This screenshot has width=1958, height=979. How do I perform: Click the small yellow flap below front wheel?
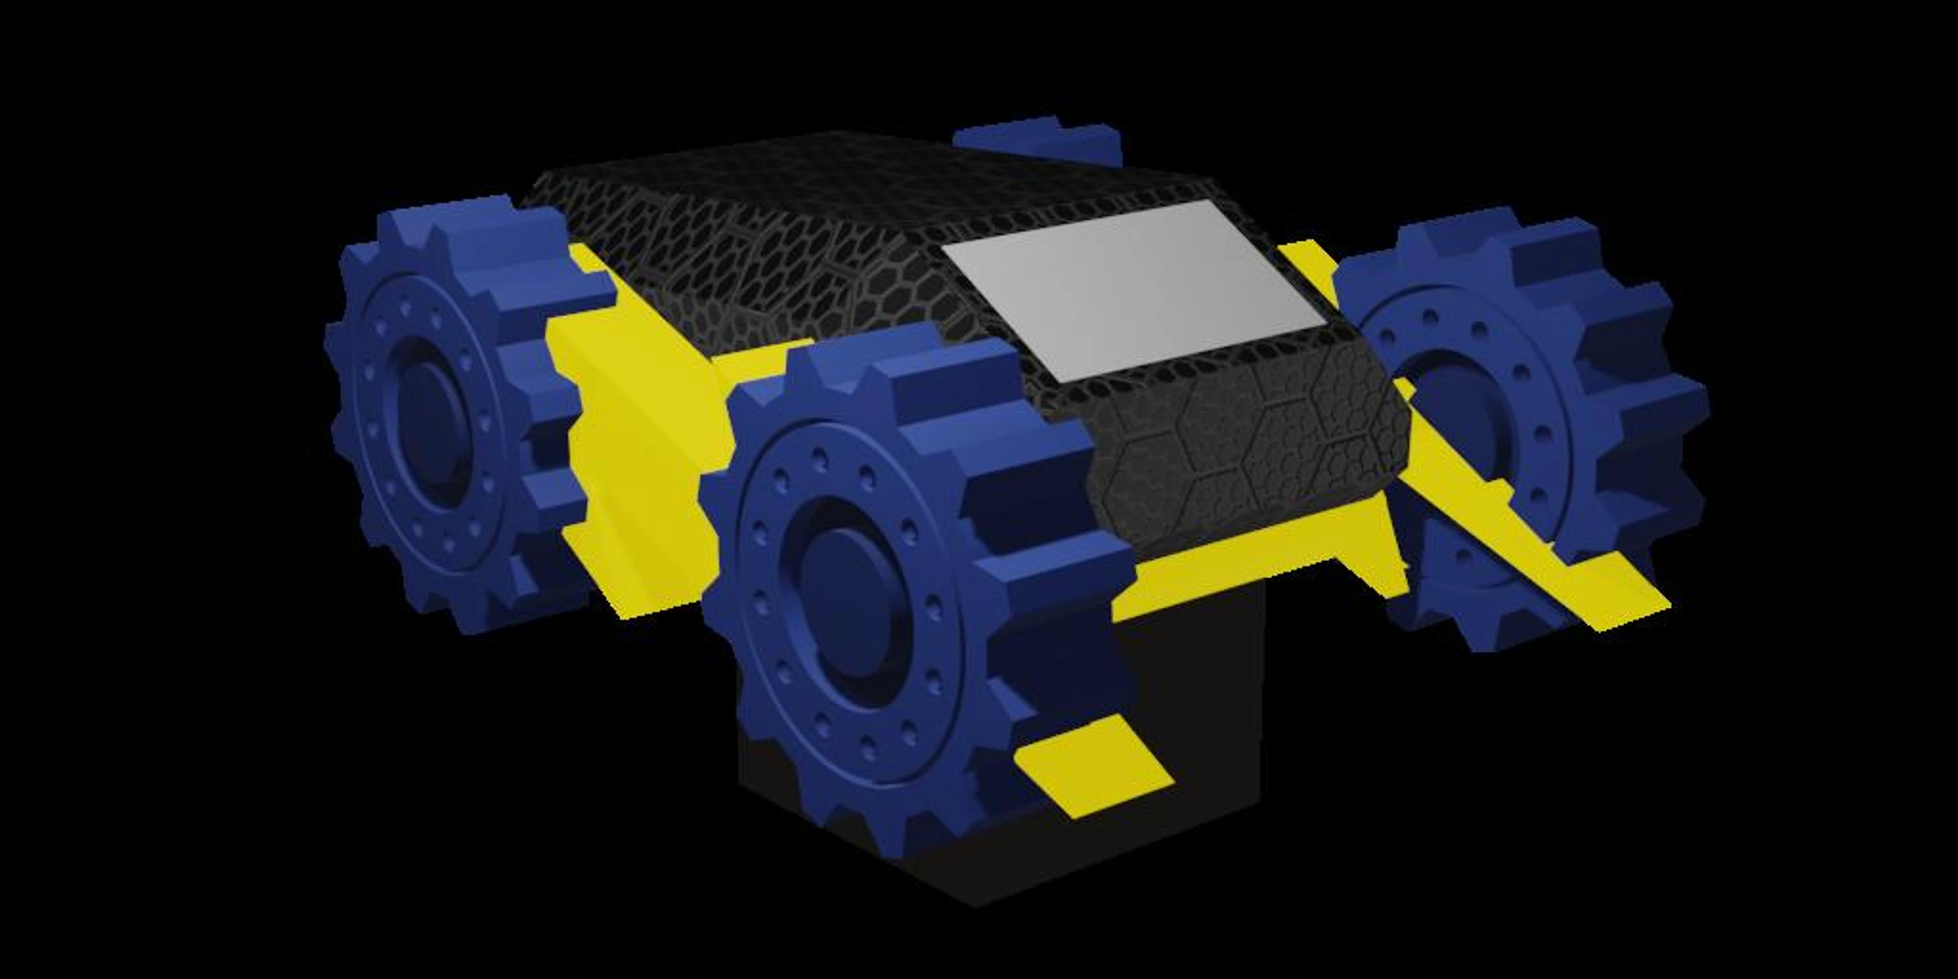1095,768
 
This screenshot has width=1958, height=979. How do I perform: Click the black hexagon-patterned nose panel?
1247,449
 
